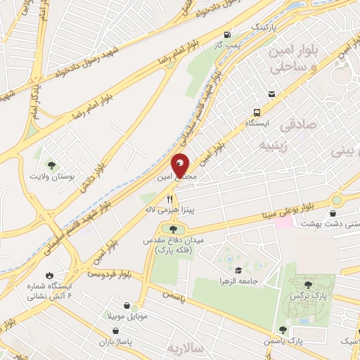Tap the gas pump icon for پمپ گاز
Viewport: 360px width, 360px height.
pos(226,35)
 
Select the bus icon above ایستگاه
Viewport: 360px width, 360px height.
pos(256,112)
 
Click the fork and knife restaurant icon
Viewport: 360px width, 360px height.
pos(169,199)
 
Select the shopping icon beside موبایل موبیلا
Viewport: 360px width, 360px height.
pos(126,307)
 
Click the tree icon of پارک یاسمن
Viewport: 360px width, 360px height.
pos(283,329)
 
